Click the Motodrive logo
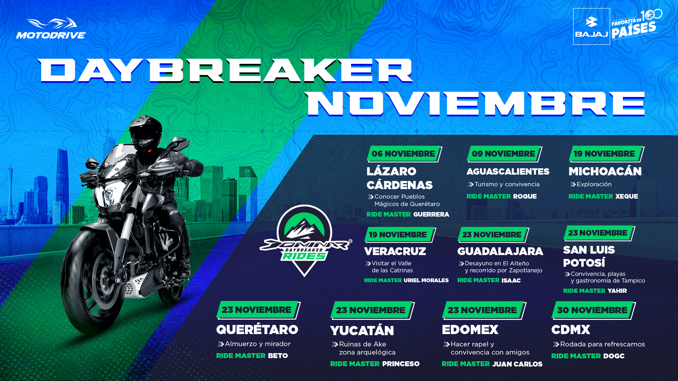(51, 28)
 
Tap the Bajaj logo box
(591, 26)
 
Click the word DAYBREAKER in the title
(225, 71)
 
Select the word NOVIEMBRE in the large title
(476, 104)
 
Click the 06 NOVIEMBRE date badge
(404, 154)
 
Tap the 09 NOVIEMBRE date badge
(504, 154)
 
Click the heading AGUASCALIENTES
(508, 171)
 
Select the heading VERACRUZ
(395, 251)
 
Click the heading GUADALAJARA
(500, 251)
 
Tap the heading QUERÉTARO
(257, 329)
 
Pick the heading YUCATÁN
(362, 330)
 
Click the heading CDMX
(571, 330)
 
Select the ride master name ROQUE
(525, 196)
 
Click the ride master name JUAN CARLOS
(517, 364)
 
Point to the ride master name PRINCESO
(401, 364)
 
